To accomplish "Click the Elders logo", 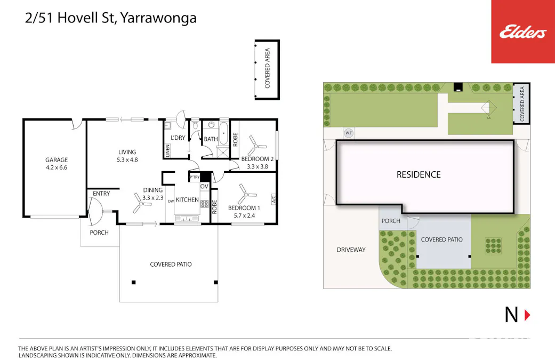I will [522, 33].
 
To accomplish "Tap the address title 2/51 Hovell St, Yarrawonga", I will [111, 18].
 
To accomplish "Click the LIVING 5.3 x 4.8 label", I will [127, 155].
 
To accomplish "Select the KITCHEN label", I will [187, 200].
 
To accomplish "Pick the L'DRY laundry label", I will [178, 138].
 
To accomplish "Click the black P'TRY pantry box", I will [205, 177].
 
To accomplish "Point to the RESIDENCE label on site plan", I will [419, 174].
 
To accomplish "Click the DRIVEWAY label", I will [351, 249].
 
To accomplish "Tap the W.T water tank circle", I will [349, 133].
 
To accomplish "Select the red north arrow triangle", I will [527, 315].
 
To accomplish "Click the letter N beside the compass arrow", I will [511, 315].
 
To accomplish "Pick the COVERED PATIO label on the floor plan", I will [171, 264].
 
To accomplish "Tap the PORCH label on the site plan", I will [391, 221].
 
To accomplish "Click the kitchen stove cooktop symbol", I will [204, 203].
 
